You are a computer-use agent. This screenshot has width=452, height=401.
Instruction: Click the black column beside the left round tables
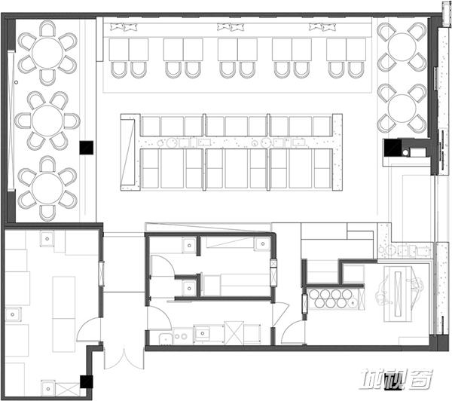pos(87,148)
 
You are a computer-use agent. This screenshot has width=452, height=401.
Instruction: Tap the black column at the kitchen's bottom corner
pos(86,381)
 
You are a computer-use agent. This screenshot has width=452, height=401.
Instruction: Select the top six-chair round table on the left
pos(47,53)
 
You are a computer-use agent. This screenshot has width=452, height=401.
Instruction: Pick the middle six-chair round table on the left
pos(47,121)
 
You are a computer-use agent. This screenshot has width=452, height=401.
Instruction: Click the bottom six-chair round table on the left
pos(47,188)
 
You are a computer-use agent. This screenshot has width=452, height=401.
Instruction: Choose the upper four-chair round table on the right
pos(402,47)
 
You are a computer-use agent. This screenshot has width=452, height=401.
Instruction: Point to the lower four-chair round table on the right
pos(402,109)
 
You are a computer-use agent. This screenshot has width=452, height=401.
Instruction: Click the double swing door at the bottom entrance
pos(124,359)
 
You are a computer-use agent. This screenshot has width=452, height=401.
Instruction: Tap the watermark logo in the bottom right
pos(397,379)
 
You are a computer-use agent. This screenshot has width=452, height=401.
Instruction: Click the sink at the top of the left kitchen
pos(47,239)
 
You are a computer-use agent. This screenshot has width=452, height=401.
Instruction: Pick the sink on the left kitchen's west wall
pos(13,314)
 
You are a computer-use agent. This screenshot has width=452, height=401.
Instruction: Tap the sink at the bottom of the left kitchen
pos(48,388)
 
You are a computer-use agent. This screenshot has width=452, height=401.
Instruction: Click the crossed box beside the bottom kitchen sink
pos(68,390)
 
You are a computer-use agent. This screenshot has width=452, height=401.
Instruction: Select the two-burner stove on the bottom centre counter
pos(180,336)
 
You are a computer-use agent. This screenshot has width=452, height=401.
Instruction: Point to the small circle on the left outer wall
pos(16,82)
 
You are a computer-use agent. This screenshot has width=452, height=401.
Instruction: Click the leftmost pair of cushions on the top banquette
pos(124,27)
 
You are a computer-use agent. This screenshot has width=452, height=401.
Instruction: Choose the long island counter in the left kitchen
pos(64,314)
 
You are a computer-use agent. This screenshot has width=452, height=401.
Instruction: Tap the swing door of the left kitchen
pos(88,330)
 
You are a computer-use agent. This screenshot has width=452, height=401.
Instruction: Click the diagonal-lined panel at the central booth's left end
pos(128,152)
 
